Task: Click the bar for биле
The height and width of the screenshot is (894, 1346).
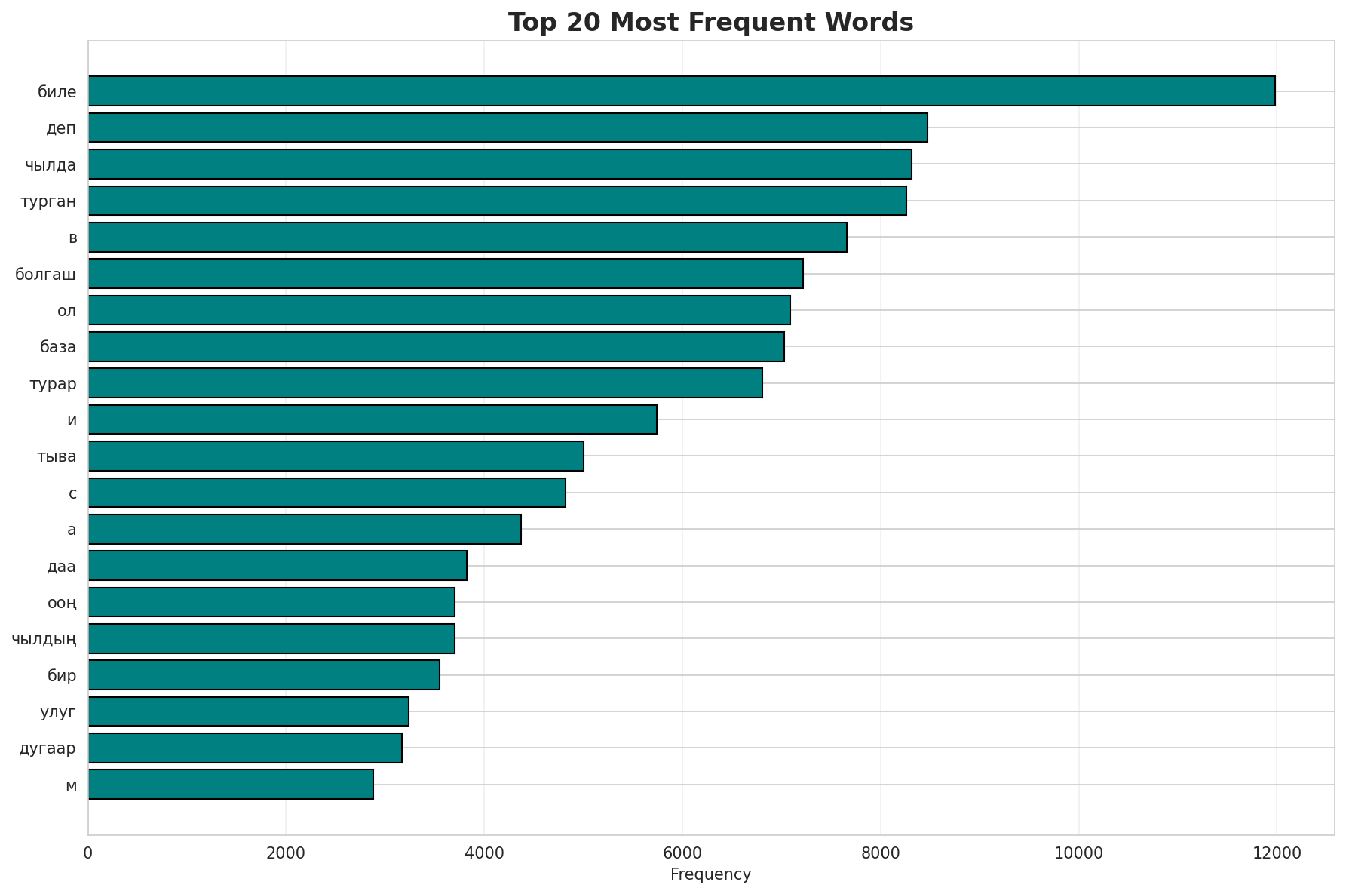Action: click(x=682, y=91)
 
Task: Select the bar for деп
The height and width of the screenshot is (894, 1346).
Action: click(x=507, y=127)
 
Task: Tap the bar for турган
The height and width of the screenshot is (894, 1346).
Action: click(x=497, y=201)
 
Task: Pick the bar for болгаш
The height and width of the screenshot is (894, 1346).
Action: click(x=446, y=273)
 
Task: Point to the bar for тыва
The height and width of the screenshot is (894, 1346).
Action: click(x=336, y=456)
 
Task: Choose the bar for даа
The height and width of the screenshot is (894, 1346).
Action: click(x=277, y=565)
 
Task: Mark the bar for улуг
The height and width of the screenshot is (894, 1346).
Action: click(x=248, y=711)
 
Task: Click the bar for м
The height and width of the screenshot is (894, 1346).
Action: click(x=231, y=784)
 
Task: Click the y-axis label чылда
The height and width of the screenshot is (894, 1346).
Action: click(x=51, y=164)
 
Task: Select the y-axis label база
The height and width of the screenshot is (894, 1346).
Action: click(x=58, y=347)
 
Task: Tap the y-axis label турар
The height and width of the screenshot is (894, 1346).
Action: click(x=53, y=384)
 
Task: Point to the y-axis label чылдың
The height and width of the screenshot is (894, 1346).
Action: click(x=44, y=640)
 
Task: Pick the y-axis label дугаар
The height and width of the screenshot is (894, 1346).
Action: click(x=48, y=748)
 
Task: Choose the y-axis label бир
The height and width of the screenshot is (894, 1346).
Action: click(x=62, y=675)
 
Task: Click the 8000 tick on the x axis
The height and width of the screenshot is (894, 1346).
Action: click(x=880, y=853)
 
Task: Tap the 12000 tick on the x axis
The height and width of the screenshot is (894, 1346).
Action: click(x=1276, y=853)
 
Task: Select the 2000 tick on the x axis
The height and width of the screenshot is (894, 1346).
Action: click(x=286, y=853)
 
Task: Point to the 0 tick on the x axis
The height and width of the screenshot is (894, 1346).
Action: click(x=88, y=853)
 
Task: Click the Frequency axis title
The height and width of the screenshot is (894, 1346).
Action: click(x=710, y=874)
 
